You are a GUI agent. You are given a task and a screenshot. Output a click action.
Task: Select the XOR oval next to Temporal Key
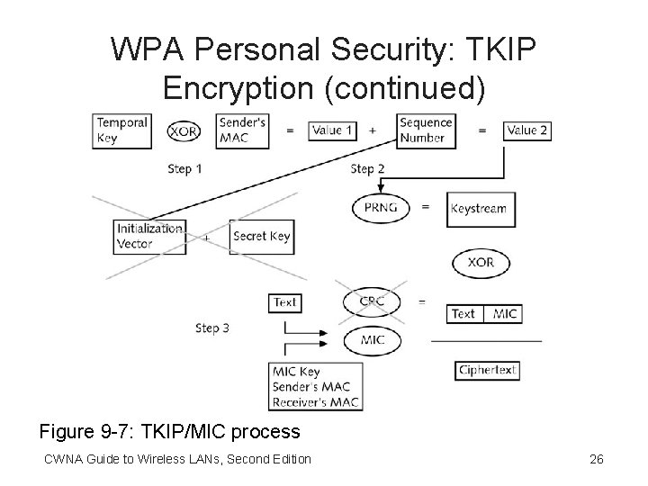click(184, 130)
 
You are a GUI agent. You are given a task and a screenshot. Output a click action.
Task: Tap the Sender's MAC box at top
click(242, 130)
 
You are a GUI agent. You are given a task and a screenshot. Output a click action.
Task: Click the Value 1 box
click(332, 130)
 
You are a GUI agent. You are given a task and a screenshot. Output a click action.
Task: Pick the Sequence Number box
click(425, 130)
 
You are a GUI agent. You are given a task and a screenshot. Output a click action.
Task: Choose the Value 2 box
click(526, 130)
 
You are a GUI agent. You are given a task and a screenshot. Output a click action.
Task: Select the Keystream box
click(478, 208)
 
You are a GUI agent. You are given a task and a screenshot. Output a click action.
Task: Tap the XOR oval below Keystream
click(481, 263)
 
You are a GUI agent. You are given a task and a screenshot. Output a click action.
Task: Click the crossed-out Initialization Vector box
click(149, 237)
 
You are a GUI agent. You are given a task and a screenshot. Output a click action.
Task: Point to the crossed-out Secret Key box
click(261, 237)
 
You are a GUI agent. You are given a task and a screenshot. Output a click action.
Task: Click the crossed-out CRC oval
click(372, 301)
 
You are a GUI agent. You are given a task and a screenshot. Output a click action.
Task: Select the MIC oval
click(372, 340)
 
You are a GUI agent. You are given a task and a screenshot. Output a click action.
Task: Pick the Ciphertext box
click(487, 370)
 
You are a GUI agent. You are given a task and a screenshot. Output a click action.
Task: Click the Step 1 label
click(184, 168)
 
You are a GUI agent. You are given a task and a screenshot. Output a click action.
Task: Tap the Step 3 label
click(211, 328)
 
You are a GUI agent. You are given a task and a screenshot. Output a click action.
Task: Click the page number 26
click(596, 460)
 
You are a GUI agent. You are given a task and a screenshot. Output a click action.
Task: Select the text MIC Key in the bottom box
click(298, 372)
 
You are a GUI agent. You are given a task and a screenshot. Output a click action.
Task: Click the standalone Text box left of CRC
click(284, 302)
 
